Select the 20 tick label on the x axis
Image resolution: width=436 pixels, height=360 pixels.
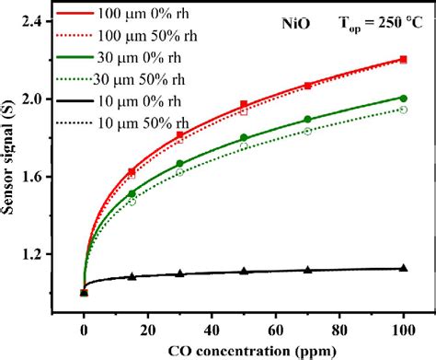coord(148,328)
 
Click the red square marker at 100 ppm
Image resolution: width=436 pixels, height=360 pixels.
coord(403,59)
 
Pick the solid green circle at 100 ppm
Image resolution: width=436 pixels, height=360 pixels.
coord(403,98)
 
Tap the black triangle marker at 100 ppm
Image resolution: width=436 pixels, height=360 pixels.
coord(403,268)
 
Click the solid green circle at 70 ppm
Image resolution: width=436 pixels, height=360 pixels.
coord(307,120)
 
